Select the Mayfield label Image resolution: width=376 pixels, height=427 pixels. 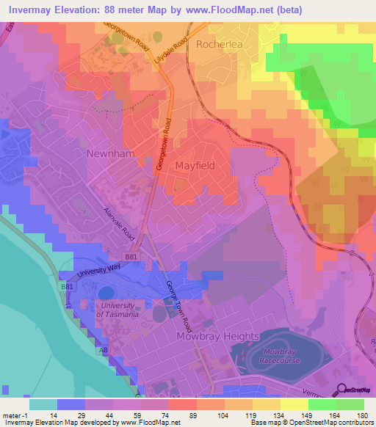195,166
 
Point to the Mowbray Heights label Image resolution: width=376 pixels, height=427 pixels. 218,337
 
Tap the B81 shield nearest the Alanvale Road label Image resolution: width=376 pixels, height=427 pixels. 131,257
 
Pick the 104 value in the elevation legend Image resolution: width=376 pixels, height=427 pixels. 221,415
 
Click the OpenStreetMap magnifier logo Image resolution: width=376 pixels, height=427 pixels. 342,391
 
